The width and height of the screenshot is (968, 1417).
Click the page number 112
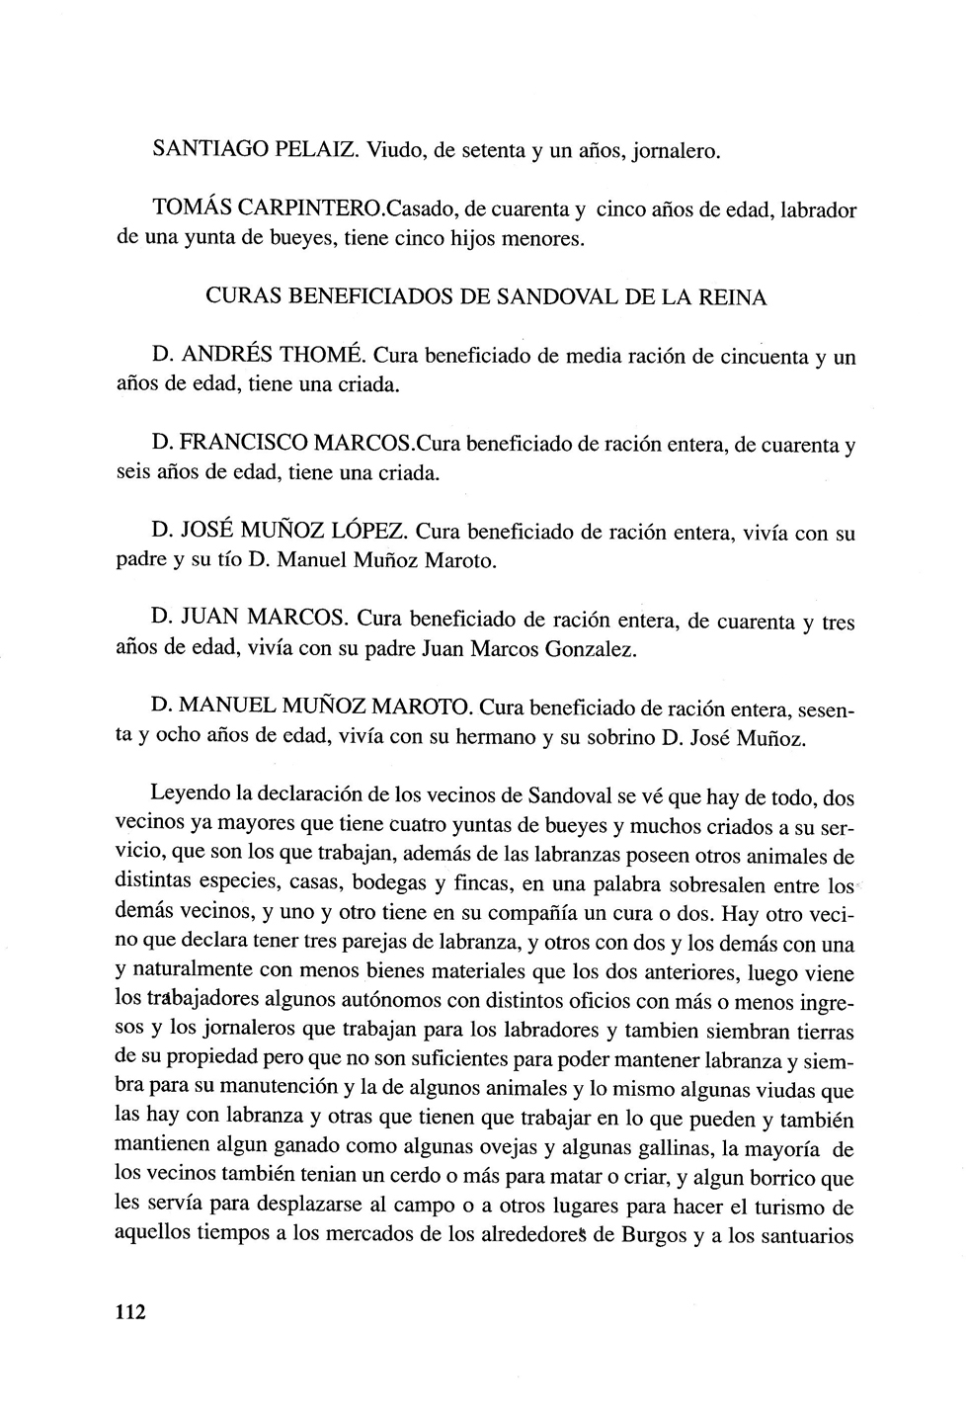(130, 1313)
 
